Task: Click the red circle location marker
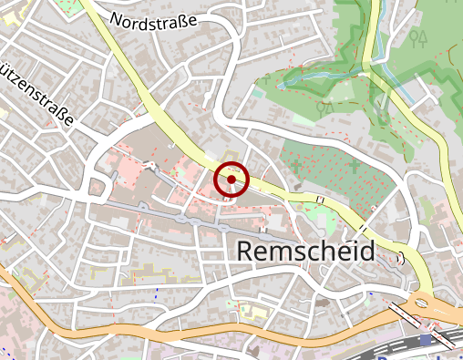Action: (231, 180)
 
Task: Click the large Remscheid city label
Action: (305, 252)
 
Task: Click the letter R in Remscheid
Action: (245, 252)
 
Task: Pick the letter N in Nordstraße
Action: (116, 18)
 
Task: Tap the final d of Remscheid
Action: (366, 252)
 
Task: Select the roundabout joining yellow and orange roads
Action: (420, 303)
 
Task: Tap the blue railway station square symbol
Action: (426, 340)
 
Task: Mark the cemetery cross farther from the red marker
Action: (355, 166)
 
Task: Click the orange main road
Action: (182, 330)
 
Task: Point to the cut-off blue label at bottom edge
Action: (401, 355)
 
